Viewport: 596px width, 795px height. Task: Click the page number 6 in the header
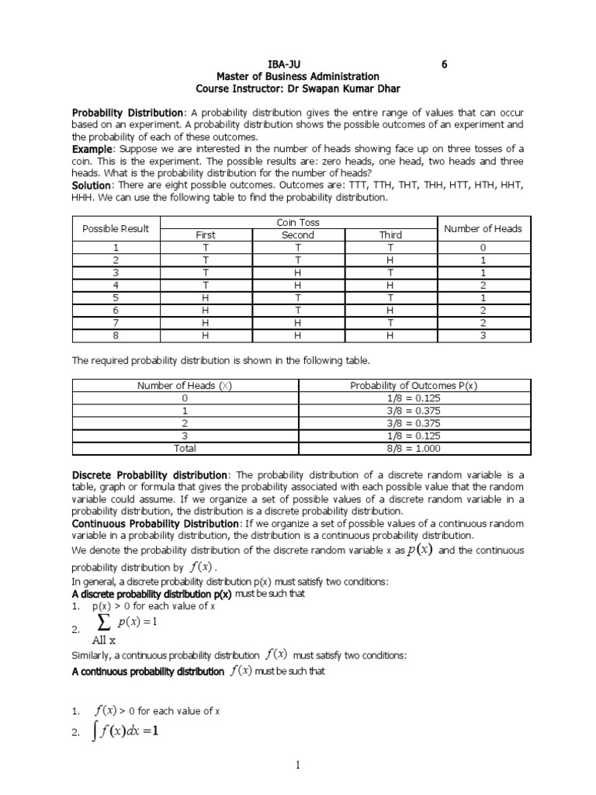pos(445,64)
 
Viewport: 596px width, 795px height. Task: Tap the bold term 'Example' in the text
pos(92,148)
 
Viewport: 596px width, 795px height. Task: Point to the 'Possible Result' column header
pos(116,228)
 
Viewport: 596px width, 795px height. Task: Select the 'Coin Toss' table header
pos(298,223)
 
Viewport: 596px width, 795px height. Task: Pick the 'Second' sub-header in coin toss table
pos(298,235)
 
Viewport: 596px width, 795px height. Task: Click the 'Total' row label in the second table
pos(185,448)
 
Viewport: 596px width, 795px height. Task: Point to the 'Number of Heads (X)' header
pos(185,386)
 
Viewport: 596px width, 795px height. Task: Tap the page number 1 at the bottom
pos(297,765)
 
